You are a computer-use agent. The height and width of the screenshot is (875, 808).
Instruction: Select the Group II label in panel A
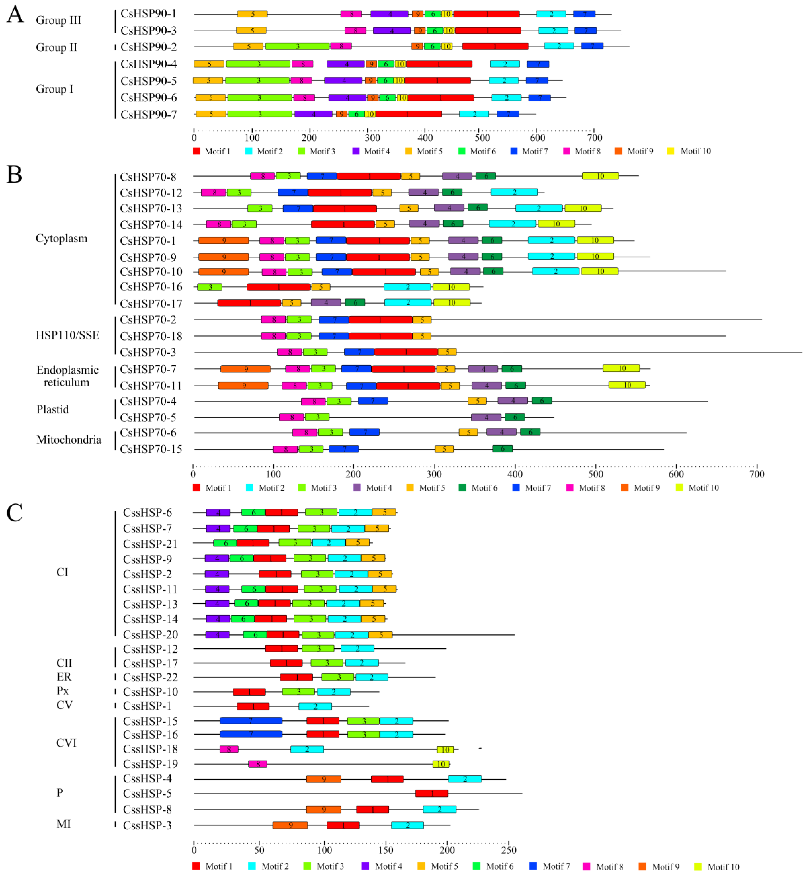56,47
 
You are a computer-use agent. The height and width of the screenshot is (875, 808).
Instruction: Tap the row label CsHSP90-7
149,115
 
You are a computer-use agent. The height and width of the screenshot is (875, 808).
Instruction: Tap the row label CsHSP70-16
151,287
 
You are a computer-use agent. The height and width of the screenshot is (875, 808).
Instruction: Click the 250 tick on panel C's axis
508,850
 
